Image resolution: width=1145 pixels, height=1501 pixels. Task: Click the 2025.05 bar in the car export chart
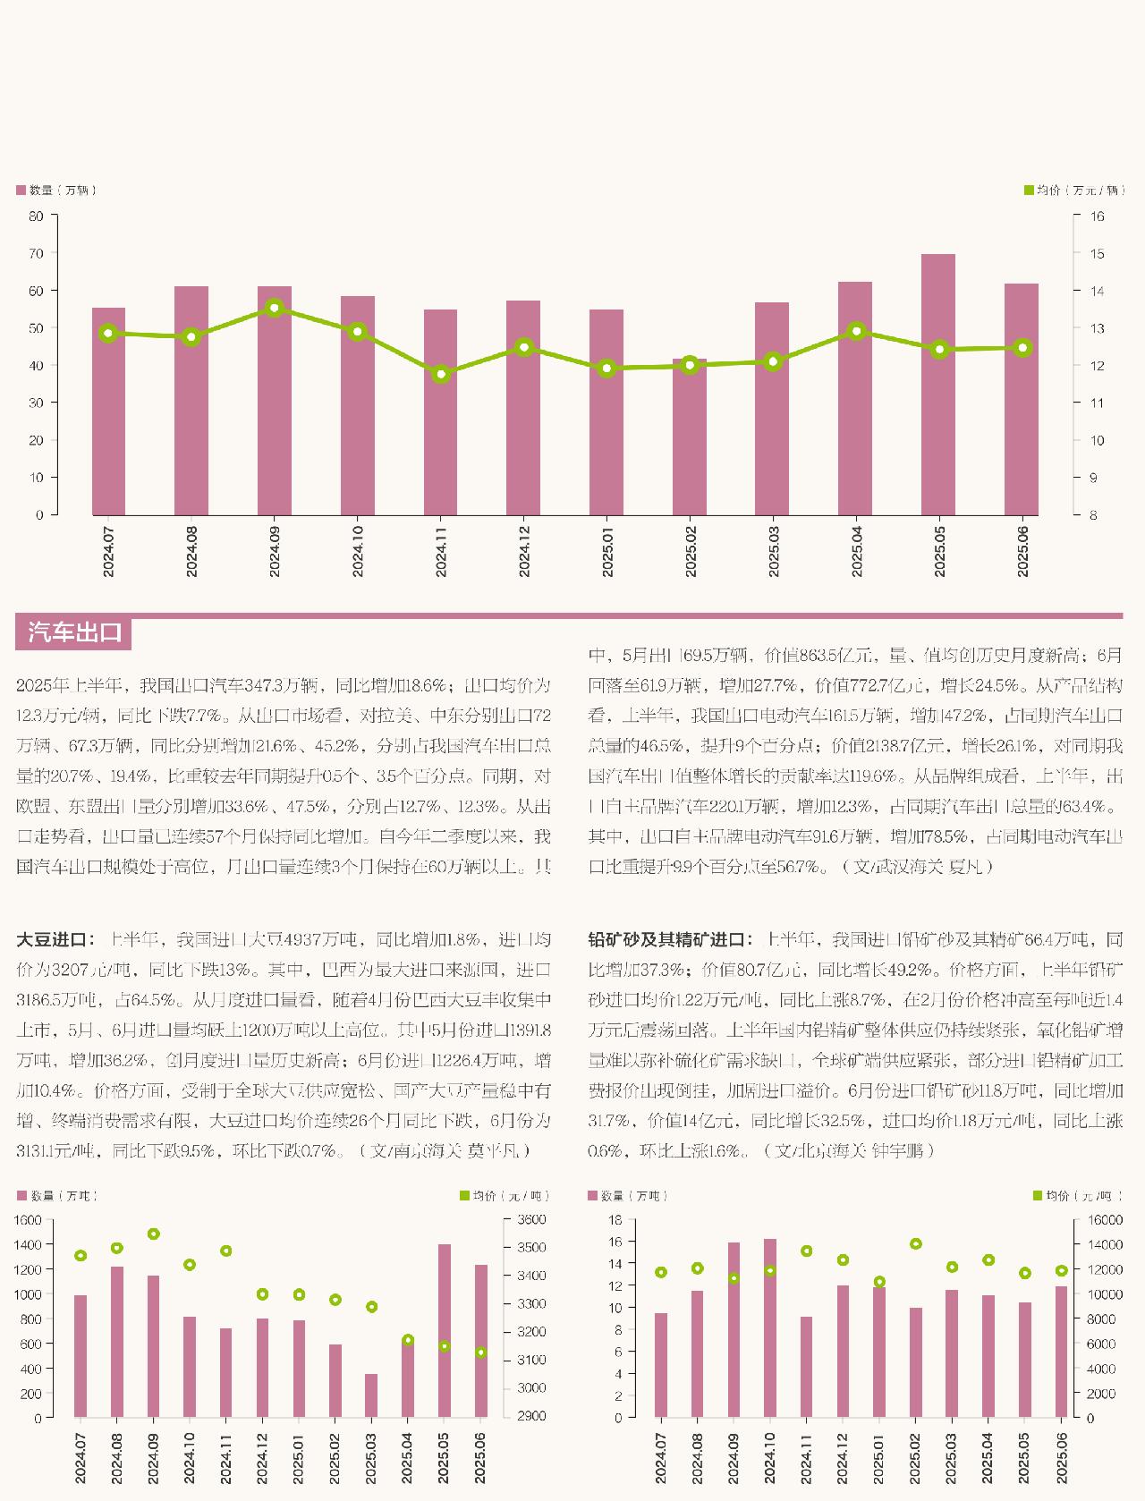tap(938, 385)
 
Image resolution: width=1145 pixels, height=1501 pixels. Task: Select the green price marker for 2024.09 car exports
tap(275, 308)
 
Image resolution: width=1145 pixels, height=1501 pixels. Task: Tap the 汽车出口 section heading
tap(74, 632)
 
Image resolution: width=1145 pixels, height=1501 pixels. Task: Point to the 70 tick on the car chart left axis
tap(36, 253)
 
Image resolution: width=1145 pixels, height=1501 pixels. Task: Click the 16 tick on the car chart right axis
tap(1096, 216)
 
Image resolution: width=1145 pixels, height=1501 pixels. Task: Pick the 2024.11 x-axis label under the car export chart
tap(441, 551)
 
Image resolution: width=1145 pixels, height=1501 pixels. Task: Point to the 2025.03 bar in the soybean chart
tap(371, 1395)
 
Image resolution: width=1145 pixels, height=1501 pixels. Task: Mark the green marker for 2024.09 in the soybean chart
tap(153, 1234)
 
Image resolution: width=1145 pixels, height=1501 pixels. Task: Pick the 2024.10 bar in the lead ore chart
tap(770, 1327)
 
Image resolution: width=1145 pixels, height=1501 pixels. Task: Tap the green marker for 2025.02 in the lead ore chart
tap(915, 1243)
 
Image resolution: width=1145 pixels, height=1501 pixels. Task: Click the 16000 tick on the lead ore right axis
tap(1104, 1220)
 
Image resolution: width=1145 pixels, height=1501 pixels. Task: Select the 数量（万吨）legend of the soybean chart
tap(57, 1196)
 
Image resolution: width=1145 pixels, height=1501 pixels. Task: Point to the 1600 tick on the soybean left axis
tap(29, 1220)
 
